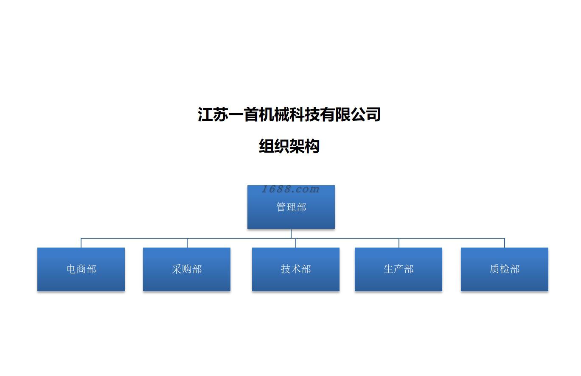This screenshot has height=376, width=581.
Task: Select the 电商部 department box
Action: pos(81,269)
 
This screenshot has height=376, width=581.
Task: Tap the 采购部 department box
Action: pos(187,269)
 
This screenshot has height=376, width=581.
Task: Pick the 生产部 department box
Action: pos(399,269)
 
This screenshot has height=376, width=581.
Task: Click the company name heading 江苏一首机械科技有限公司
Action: pos(289,114)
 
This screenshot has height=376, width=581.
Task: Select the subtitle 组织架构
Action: pos(289,146)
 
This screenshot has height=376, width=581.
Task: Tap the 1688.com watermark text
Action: pos(290,189)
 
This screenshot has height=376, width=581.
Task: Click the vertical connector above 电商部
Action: pos(81,243)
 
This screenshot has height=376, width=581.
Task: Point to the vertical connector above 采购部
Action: pos(187,243)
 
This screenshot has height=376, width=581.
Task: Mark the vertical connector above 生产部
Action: pos(399,243)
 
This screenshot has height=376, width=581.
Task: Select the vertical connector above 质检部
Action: pos(505,243)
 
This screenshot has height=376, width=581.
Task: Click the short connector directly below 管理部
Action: pos(291,234)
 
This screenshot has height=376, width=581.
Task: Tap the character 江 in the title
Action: pos(205,114)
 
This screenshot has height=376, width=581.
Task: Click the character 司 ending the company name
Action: pos(373,114)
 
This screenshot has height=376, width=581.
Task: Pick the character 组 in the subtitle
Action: pos(267,146)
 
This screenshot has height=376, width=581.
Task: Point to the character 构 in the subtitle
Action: pos(312,146)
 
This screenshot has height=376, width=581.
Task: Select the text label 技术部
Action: pos(296,269)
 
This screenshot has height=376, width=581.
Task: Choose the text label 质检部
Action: pos(505,269)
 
